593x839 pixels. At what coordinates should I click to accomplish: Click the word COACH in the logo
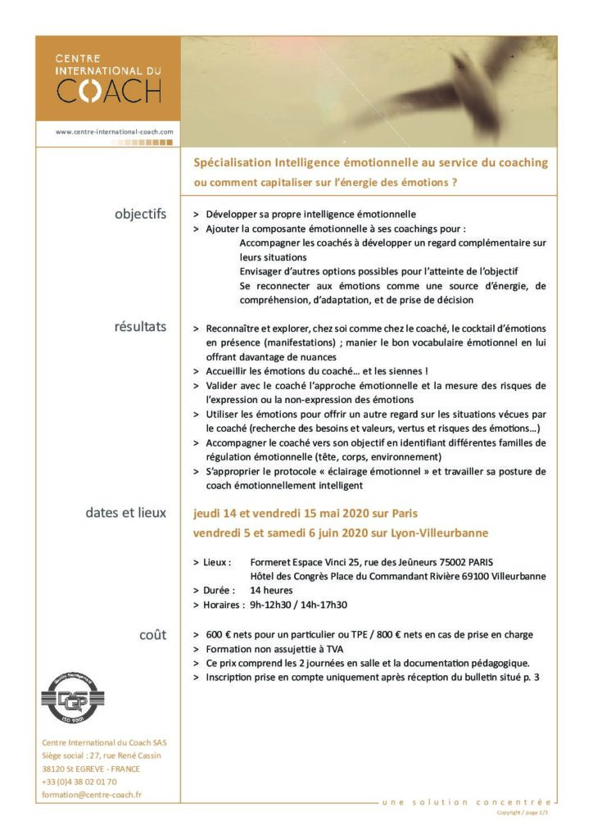[x=108, y=90]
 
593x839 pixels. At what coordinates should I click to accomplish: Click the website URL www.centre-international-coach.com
[x=115, y=131]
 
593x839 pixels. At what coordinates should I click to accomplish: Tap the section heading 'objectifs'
[x=140, y=214]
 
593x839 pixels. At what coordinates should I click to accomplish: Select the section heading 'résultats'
[x=140, y=327]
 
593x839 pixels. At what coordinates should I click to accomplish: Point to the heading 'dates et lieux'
[x=125, y=513]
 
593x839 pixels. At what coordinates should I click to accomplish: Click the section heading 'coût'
[x=152, y=634]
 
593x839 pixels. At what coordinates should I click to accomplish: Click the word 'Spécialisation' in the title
[x=227, y=162]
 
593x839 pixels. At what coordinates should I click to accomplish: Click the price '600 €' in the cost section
[x=220, y=634]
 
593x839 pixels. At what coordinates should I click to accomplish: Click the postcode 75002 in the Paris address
[x=451, y=561]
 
